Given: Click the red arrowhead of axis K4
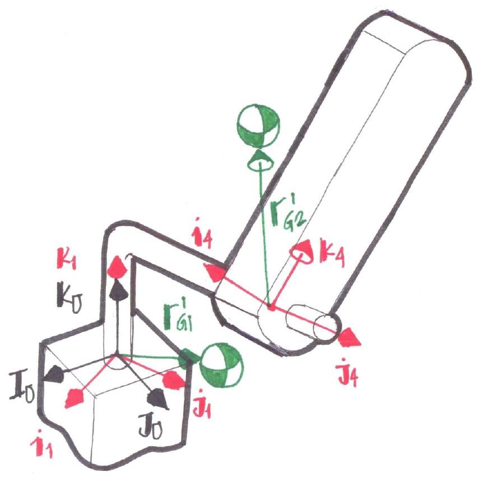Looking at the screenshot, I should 303,252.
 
